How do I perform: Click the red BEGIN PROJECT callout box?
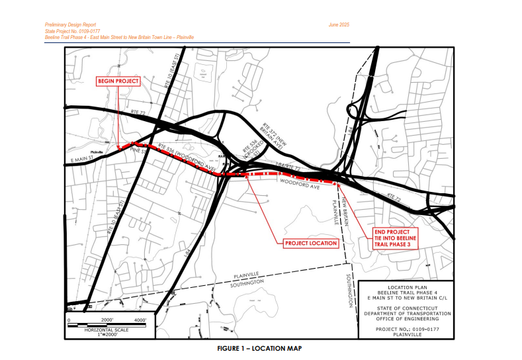tap(118, 81)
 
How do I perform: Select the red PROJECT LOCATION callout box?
tap(311, 244)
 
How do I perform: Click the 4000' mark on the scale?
tap(141, 320)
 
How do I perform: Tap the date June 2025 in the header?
tap(338, 24)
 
